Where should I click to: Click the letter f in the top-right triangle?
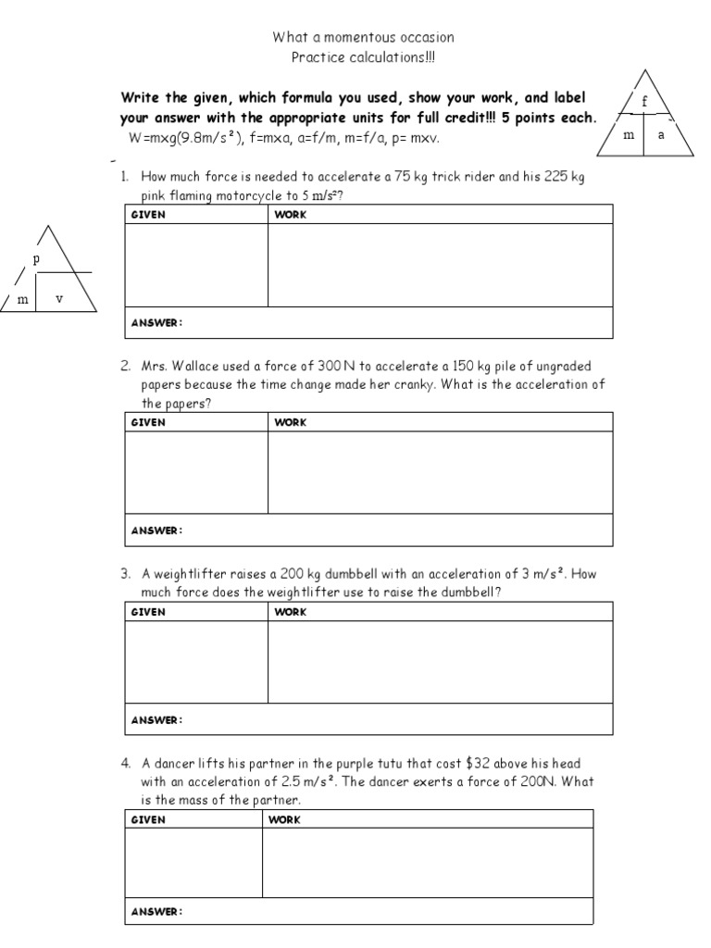[645, 102]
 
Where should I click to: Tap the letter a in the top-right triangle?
[661, 135]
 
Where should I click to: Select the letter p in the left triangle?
[36, 259]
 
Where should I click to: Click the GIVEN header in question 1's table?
[148, 214]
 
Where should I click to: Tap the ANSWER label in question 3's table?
[156, 719]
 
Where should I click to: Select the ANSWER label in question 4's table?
[156, 911]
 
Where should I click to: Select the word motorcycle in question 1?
[262, 195]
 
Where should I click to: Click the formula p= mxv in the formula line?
[416, 137]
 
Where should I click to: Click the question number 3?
[124, 573]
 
